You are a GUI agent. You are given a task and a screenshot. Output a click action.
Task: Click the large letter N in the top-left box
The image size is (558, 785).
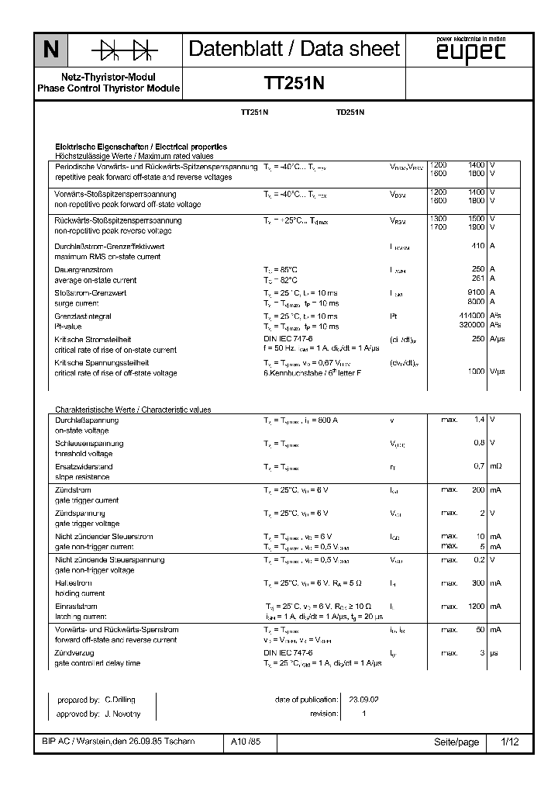click(50, 51)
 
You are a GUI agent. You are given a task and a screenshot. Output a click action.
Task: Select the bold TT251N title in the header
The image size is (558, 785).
click(294, 85)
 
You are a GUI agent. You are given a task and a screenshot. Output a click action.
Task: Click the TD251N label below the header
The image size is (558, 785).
click(350, 112)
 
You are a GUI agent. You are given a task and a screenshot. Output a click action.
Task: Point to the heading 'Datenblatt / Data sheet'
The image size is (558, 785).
click(294, 50)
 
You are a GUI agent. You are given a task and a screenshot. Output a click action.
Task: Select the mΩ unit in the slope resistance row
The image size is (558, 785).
click(495, 466)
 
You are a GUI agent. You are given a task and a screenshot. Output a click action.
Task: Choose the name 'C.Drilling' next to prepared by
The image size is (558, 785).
click(120, 700)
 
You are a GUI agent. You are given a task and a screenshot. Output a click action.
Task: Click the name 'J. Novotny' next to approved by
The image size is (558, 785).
click(121, 714)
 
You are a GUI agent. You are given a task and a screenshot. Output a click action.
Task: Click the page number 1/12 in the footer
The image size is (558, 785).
click(509, 742)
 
